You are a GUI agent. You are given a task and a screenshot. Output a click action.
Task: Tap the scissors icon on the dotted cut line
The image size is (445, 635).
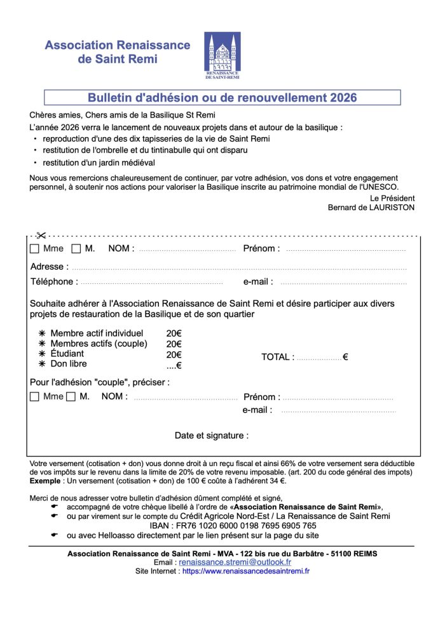point(41,236)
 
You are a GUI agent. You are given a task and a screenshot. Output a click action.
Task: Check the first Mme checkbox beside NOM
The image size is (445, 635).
point(34,249)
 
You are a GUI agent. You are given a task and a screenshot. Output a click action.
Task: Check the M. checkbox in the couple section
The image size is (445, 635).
point(71,397)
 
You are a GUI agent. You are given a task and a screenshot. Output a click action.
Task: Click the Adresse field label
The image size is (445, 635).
point(46,267)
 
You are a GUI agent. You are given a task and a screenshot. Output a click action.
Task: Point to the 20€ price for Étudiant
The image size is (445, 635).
point(174,354)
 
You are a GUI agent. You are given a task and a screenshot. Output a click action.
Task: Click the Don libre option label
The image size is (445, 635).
point(69,364)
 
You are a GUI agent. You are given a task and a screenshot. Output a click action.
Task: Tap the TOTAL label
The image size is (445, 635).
point(277,358)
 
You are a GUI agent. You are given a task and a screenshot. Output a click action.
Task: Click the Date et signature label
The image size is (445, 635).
point(211,436)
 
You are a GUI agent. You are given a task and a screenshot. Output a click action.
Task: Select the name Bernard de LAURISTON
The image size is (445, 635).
point(371,207)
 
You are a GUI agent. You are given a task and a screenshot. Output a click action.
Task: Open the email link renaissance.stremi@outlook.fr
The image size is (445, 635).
point(235,562)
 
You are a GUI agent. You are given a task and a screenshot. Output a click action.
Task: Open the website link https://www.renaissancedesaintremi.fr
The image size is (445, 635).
point(245,571)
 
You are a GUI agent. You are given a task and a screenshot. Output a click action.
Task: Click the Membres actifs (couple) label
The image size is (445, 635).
point(99,344)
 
